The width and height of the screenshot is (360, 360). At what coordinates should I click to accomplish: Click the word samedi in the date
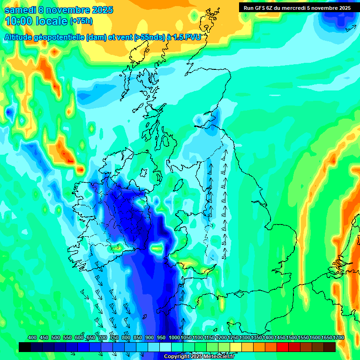pos(20,10)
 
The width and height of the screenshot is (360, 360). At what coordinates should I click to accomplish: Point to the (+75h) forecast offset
pos(81,21)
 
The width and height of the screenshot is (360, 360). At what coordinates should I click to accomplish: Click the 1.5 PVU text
pos(187,37)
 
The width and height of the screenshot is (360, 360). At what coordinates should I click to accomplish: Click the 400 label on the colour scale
pos(32,338)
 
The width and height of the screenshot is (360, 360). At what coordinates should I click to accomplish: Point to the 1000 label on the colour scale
pos(174,338)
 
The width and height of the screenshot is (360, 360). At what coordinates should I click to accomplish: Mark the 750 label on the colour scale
pos(114,338)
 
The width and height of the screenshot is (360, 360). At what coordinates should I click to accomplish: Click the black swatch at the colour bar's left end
pos(25,347)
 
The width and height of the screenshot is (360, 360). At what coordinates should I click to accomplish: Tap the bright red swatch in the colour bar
pos(283,347)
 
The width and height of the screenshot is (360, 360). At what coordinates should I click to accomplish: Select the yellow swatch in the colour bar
pos(236,347)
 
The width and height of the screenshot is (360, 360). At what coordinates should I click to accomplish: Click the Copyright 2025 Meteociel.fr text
pos(199,356)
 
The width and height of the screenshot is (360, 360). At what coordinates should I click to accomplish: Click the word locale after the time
pos(52,21)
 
